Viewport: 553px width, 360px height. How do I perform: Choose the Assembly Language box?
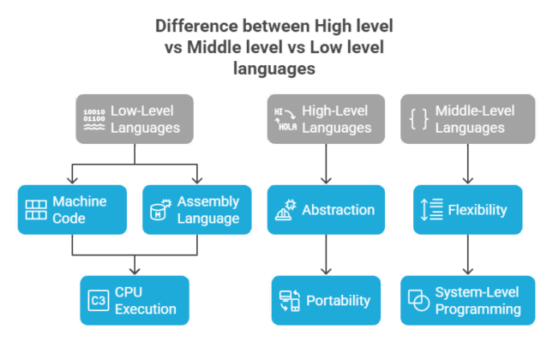pos(197,209)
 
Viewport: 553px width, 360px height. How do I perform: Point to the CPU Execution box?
pos(134,300)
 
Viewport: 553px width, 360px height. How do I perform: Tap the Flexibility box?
pos(467,209)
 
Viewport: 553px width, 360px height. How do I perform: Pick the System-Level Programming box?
pos(467,300)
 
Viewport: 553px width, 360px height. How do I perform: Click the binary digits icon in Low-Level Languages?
pos(93,119)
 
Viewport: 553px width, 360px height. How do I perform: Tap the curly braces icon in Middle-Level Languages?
pos(418,119)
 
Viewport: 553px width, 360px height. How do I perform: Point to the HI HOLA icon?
pos(286,119)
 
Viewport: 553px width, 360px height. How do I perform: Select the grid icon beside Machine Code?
pos(36,210)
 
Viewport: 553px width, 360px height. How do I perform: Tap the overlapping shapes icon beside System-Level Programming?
pos(418,301)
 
